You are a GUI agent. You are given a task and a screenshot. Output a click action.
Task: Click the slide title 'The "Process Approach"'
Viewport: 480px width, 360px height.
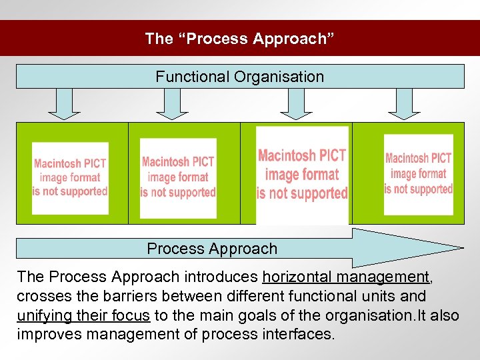(x=240, y=39)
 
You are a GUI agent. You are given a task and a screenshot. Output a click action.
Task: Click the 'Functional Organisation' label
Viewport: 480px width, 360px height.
(x=240, y=77)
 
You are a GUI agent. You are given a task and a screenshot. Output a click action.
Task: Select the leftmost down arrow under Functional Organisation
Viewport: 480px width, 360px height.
(x=65, y=104)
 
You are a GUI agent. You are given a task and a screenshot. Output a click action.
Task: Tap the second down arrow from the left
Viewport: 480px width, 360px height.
(x=172, y=104)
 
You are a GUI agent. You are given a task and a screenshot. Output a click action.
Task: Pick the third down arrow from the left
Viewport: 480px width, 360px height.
(x=296, y=104)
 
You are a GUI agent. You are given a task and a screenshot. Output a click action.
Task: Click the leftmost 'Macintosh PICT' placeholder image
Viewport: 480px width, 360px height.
(x=70, y=178)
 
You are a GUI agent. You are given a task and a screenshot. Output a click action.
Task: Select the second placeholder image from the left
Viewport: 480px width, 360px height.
(x=178, y=178)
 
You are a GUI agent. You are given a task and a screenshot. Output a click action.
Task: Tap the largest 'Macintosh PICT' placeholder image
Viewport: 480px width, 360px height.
(x=302, y=175)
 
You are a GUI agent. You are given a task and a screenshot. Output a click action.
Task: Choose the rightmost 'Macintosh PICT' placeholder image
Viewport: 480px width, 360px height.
(x=419, y=175)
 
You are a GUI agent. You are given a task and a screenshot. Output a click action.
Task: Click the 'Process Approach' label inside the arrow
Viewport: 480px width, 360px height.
(x=212, y=249)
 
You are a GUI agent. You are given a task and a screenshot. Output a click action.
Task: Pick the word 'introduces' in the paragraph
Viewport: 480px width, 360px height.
(x=220, y=277)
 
